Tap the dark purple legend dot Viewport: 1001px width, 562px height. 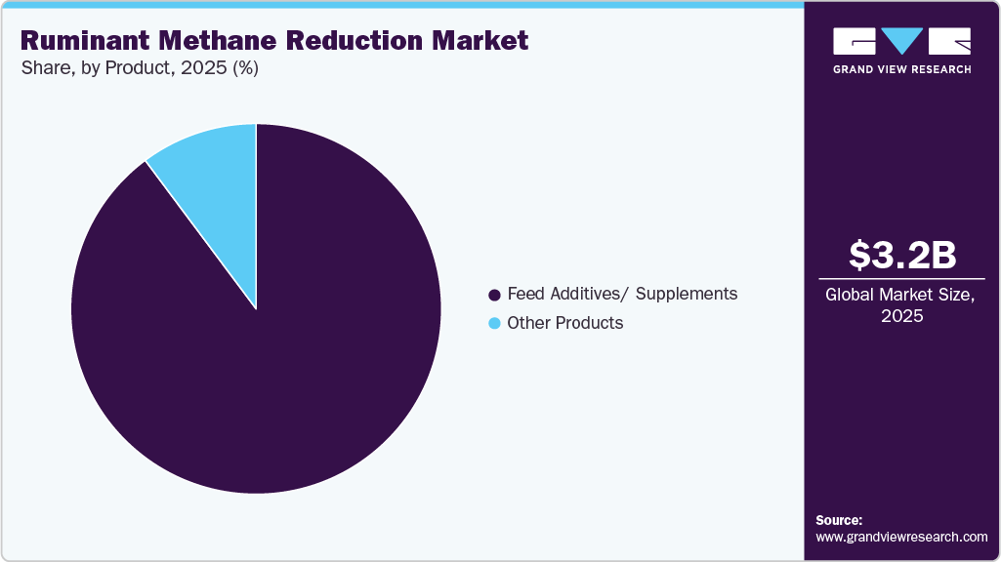coord(494,295)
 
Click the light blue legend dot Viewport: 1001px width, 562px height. coord(494,324)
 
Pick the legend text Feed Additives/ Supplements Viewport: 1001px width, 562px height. coord(622,294)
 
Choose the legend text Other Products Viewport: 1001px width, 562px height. coord(564,323)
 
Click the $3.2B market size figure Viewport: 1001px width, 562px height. coord(901,256)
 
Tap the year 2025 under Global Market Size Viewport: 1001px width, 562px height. coord(901,316)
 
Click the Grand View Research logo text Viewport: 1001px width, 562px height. coord(901,69)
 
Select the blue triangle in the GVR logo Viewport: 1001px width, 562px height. coord(901,41)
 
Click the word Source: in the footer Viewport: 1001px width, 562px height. coord(839,520)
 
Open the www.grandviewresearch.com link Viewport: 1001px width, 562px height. coord(901,537)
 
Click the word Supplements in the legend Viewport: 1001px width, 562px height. coord(688,294)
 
